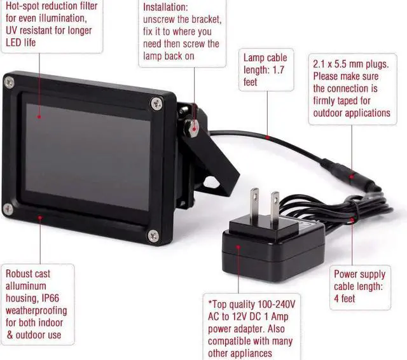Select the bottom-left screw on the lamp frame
pyautogui.click(x=8, y=208)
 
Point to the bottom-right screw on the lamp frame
pyautogui.click(x=152, y=237)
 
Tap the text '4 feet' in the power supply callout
pyautogui.click(x=344, y=298)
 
